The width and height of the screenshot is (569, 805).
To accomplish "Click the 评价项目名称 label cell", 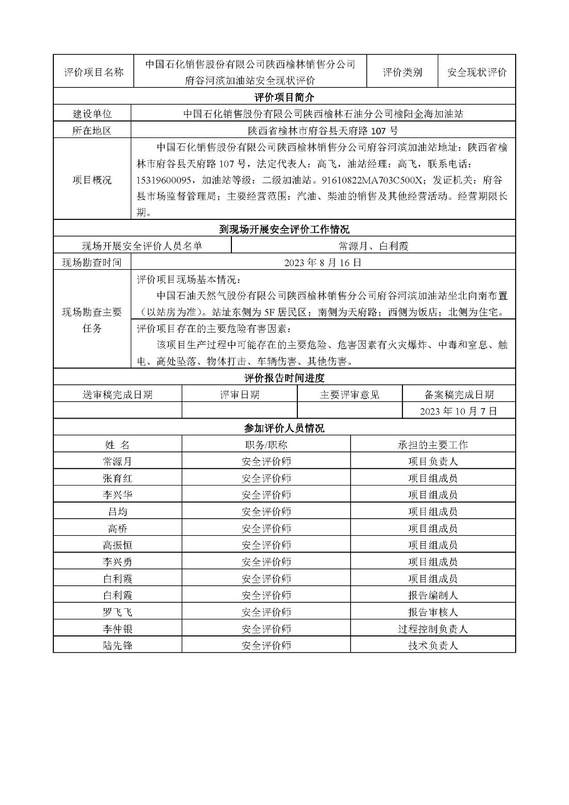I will tap(94, 72).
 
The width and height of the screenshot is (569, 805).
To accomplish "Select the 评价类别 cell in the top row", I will tap(402, 72).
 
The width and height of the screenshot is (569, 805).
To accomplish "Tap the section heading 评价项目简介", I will tap(284, 97).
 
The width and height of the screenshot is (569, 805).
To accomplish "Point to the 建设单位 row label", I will tap(92, 114).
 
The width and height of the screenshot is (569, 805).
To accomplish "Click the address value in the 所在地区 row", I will tap(322, 131).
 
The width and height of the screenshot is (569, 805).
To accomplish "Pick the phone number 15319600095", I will tap(164, 180).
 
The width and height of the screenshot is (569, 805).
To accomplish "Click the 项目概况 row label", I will tap(92, 180).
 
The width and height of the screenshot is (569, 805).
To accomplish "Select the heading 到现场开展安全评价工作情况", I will tap(284, 229).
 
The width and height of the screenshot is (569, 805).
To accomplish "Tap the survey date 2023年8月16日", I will tap(322, 263).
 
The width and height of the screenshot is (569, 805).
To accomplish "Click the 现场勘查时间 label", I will tap(92, 263).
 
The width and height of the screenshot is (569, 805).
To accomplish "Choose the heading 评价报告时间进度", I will tap(284, 378).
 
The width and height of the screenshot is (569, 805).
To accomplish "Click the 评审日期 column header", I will tap(239, 395).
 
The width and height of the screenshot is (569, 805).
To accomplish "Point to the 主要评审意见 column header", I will tap(350, 395).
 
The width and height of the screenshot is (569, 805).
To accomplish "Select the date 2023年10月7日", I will tap(458, 411).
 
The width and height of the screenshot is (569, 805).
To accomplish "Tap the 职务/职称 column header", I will tap(266, 445).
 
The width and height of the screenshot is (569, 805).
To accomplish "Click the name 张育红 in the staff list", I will tap(117, 478).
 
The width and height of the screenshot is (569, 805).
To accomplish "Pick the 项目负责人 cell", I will tap(433, 461).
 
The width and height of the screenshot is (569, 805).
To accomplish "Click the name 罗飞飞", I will tap(117, 612).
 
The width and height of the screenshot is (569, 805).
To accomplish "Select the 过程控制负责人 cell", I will tap(433, 629).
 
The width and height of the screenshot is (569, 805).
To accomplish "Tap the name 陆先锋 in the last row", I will tap(117, 646).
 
